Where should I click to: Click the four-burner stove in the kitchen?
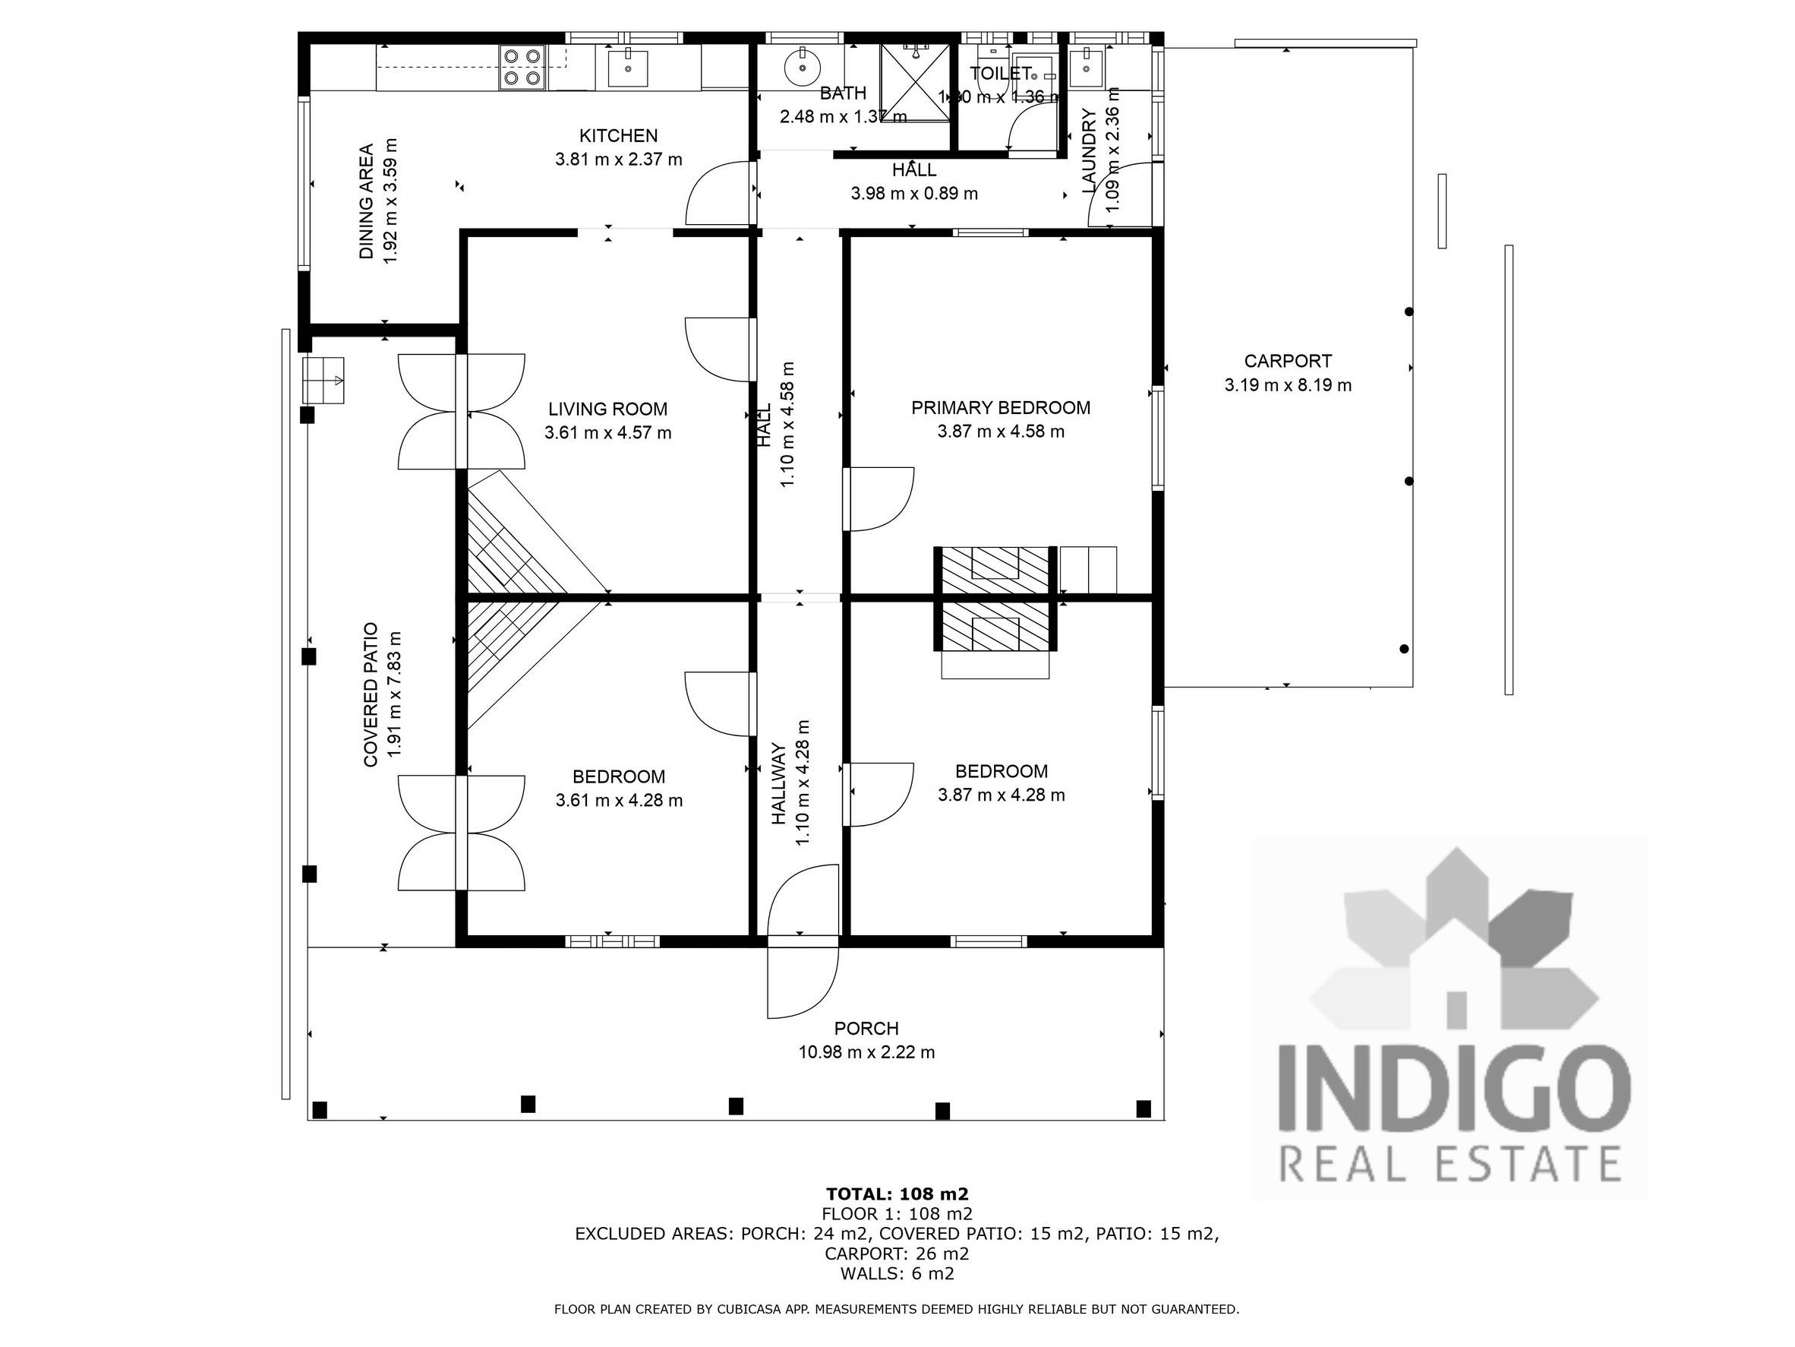[x=522, y=67]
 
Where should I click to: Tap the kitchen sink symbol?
[x=627, y=68]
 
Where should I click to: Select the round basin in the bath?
[x=803, y=67]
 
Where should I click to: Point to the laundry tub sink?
[x=1087, y=68]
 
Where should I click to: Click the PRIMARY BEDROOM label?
[x=1000, y=407]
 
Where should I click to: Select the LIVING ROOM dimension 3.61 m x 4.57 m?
[x=607, y=433]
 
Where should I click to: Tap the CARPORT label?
[x=1288, y=362]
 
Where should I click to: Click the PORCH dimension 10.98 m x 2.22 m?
[x=866, y=1052]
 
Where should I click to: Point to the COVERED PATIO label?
[x=371, y=694]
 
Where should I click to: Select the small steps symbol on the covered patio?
[x=323, y=380]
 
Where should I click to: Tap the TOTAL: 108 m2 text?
[x=897, y=1194]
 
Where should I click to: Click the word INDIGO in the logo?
[x=1453, y=1087]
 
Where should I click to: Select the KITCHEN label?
[x=618, y=135]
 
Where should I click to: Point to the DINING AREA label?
[x=367, y=201]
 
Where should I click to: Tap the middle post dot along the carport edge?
[x=1409, y=481]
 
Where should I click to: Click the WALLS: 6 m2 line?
[x=897, y=1273]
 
